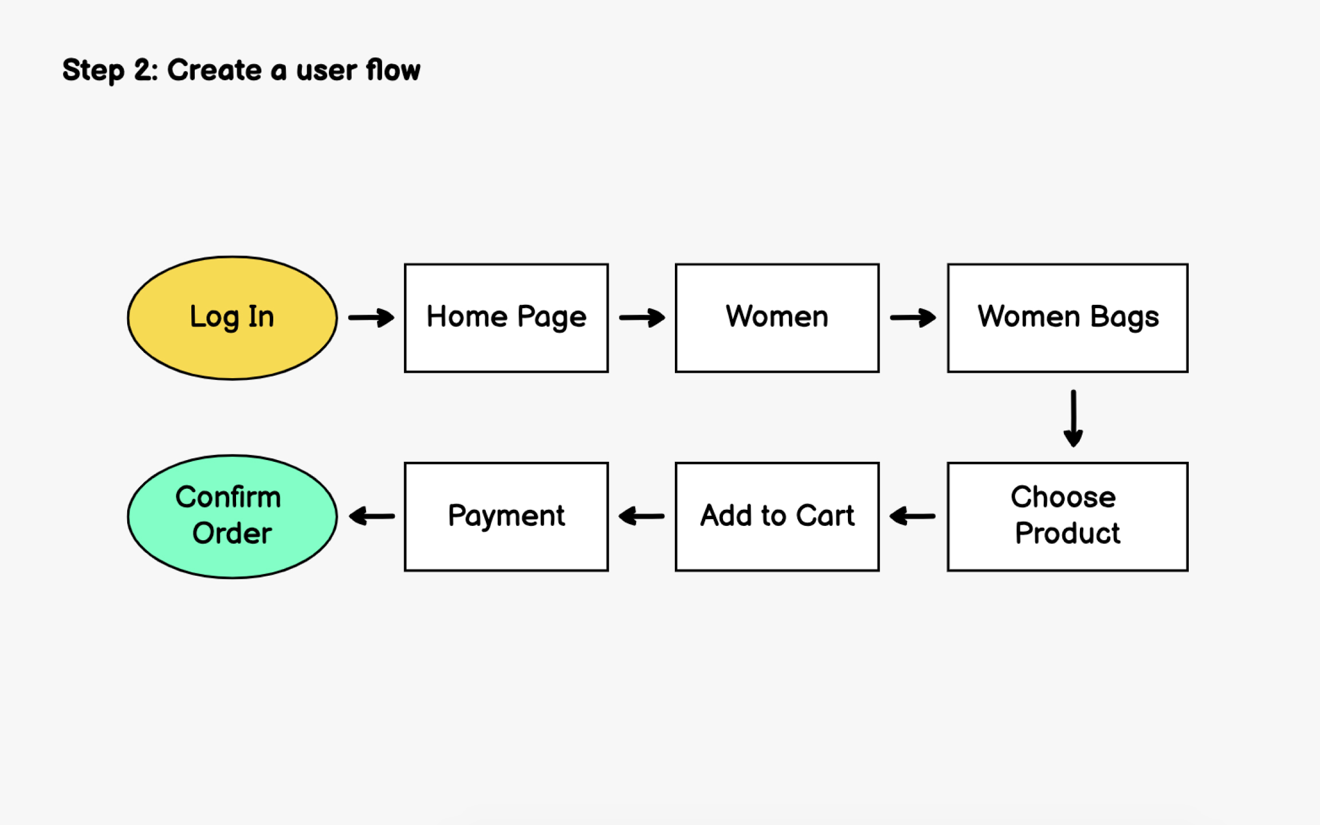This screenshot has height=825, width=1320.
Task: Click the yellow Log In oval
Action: pyautogui.click(x=232, y=318)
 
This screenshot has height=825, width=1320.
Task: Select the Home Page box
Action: pyautogui.click(x=506, y=318)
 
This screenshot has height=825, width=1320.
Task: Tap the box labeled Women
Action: pyautogui.click(x=777, y=318)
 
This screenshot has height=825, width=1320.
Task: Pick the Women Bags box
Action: pyautogui.click(x=1067, y=318)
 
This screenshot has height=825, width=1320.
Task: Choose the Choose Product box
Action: pyautogui.click(x=1067, y=516)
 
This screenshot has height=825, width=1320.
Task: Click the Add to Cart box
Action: pyautogui.click(x=777, y=516)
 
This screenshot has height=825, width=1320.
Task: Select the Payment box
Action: pyautogui.click(x=506, y=516)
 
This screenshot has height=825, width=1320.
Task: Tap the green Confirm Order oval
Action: pyautogui.click(x=232, y=516)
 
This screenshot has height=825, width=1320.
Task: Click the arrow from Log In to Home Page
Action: pyautogui.click(x=371, y=317)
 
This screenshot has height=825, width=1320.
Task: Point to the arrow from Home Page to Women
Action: pyautogui.click(x=642, y=317)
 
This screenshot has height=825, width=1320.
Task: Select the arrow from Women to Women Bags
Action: pyautogui.click(x=913, y=317)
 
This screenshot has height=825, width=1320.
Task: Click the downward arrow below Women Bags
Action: pyautogui.click(x=1073, y=418)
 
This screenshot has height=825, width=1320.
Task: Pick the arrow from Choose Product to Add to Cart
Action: pyautogui.click(x=912, y=516)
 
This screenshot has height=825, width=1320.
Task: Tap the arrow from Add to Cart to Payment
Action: pyautogui.click(x=642, y=516)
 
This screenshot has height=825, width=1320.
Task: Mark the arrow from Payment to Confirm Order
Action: pyautogui.click(x=371, y=516)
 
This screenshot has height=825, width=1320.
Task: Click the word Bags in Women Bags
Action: pyautogui.click(x=1124, y=317)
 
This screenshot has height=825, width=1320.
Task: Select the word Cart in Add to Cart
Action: pyautogui.click(x=825, y=516)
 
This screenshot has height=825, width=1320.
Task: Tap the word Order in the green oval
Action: pyautogui.click(x=232, y=534)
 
